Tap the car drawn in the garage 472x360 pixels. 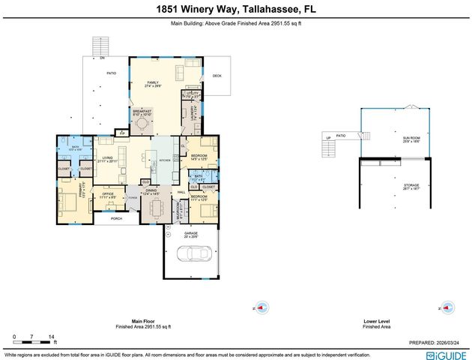pos(191,254)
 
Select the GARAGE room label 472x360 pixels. pos(191,233)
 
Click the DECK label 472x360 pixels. pos(217,76)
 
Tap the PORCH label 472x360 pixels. pos(116,218)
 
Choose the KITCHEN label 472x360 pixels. pos(166,160)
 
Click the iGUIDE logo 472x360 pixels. pos(447,355)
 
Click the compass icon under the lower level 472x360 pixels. pos(447,307)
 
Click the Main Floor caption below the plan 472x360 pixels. pos(142,320)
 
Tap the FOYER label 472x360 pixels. pos(132,198)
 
